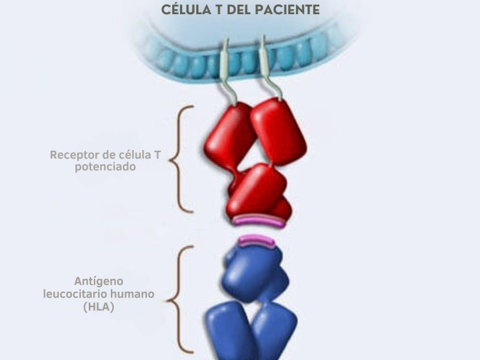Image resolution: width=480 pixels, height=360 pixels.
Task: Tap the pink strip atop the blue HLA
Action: pyautogui.click(x=256, y=242)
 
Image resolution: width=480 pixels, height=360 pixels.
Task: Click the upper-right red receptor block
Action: pyautogui.click(x=279, y=132)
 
